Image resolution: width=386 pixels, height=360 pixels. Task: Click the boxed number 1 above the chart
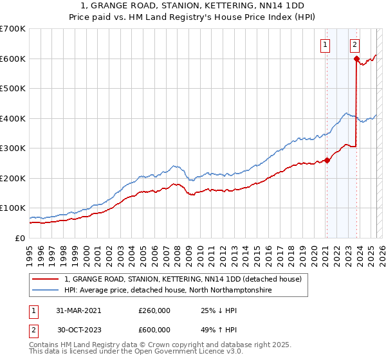pyautogui.click(x=326, y=45)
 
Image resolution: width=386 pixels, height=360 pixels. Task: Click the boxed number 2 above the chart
pyautogui.click(x=355, y=45)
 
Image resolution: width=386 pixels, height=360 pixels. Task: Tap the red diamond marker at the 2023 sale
pyautogui.click(x=356, y=59)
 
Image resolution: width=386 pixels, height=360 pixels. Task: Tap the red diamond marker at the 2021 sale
pyautogui.click(x=327, y=161)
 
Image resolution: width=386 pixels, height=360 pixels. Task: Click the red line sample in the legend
pyautogui.click(x=46, y=279)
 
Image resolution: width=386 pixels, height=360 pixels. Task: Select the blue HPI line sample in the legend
pyautogui.click(x=46, y=291)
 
